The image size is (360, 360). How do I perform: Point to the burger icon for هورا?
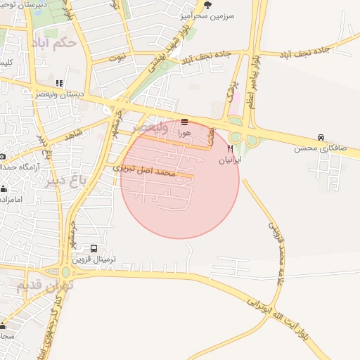184,122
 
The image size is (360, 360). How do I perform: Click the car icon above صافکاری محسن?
321,137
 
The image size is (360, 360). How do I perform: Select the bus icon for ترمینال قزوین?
94,248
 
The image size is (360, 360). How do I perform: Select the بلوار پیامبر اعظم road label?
257,70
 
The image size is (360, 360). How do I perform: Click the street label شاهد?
74,135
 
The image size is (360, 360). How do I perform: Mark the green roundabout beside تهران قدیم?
65,272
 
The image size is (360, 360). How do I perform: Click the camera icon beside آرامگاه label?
3,156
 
